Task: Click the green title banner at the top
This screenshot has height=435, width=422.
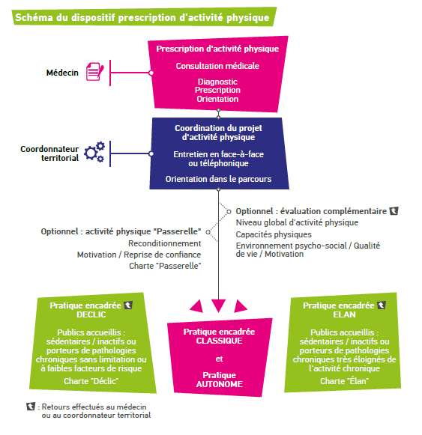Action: (144, 17)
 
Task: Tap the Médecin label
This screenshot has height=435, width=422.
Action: (62, 73)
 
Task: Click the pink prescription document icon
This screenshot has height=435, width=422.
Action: (95, 72)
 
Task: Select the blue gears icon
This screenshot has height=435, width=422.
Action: (94, 152)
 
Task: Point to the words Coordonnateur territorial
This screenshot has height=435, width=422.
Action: (49, 153)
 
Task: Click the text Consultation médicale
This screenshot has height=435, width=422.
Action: (217, 66)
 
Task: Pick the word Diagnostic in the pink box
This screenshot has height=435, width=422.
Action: (217, 82)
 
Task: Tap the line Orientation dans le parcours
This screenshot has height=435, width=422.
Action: (218, 179)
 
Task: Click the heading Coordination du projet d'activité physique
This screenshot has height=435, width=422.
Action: (218, 133)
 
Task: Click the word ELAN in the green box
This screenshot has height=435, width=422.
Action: (344, 314)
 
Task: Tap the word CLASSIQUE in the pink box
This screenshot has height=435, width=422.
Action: (219, 341)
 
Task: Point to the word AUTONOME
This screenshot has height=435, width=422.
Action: (219, 384)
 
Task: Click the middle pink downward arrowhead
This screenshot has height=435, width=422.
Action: (218, 305)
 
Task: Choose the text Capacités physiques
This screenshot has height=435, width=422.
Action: (274, 234)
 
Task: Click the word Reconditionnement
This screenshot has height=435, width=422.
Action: (164, 243)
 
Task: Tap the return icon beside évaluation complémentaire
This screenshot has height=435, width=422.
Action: (394, 211)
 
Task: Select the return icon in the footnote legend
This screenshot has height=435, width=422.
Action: (31, 407)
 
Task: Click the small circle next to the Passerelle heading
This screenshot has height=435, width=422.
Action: (208, 232)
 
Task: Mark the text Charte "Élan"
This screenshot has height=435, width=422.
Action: (344, 381)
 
